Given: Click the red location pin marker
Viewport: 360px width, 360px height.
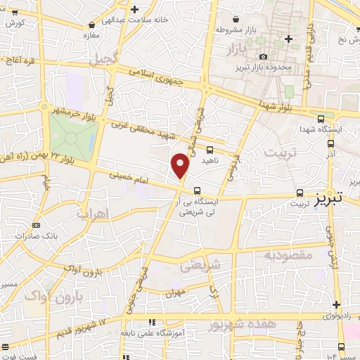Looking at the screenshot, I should tap(181, 165).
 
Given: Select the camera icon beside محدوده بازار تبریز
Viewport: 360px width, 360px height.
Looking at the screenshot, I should tap(263, 56).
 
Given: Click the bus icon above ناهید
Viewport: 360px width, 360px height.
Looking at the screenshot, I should tap(210, 149).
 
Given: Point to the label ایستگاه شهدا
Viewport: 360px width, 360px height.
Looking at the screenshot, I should tap(335, 129).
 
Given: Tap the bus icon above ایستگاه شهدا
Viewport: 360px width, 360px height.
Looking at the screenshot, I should tap(321, 119).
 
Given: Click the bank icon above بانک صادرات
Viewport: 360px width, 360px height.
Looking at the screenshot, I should tap(37, 226).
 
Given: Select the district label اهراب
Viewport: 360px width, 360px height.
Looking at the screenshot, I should tap(91, 212).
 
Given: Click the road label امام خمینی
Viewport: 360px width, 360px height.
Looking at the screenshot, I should tap(129, 176).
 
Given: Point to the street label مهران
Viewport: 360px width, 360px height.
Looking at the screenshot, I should tap(175, 291).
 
